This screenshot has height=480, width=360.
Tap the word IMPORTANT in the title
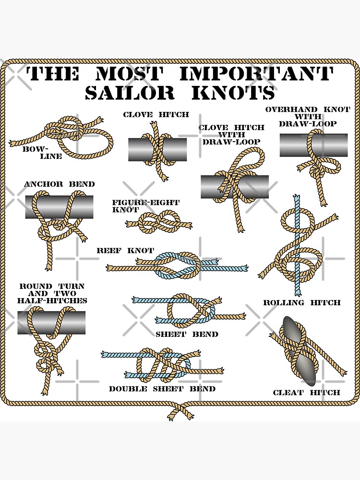tap(255, 74)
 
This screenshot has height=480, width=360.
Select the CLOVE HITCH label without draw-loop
tap(156, 115)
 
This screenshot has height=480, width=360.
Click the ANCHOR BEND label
tap(59, 184)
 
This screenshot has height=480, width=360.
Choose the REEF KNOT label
tap(125, 251)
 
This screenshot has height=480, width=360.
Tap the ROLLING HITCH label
tap(301, 302)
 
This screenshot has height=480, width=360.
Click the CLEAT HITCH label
tap(306, 393)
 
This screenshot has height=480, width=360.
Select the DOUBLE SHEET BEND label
tap(162, 389)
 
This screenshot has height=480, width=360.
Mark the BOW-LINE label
tap(42, 153)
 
